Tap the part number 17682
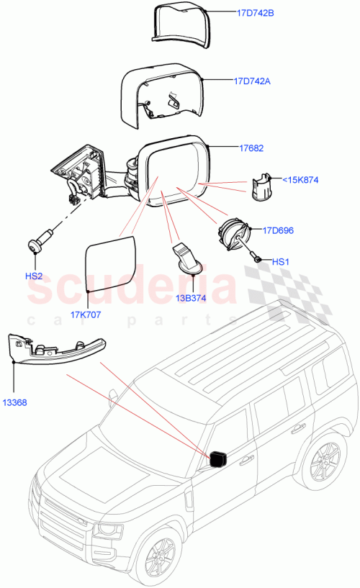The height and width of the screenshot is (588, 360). click(251, 148)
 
